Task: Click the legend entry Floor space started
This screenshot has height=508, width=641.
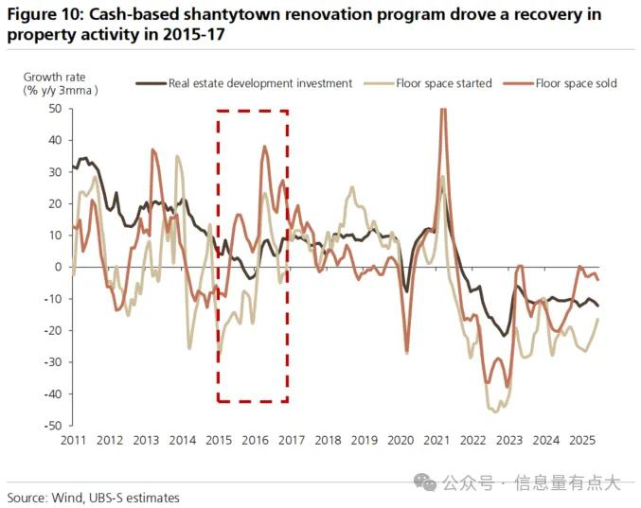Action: coord(444,83)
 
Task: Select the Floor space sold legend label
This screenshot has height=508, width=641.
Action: coord(576,83)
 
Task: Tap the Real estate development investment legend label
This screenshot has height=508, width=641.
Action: coord(260,83)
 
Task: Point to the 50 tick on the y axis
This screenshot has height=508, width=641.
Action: coord(56,109)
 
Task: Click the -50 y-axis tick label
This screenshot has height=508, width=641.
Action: coord(53,426)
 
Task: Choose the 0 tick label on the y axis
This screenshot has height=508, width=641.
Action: coord(58,267)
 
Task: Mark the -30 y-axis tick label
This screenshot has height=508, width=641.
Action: coord(53,362)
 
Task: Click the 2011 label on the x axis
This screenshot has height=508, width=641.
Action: coord(74,440)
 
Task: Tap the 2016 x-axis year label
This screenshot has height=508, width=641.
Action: coord(255,440)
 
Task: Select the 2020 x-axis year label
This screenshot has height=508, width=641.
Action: coord(401,440)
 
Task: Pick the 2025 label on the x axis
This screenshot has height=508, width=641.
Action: coord(582,440)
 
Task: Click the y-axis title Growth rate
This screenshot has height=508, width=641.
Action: coord(54,77)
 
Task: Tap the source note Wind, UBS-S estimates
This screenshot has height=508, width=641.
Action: coord(116,498)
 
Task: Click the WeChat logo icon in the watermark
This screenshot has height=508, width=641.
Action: coord(425,482)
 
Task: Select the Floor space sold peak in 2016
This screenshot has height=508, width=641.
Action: coord(265,147)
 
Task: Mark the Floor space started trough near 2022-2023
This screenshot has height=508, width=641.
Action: coord(496,412)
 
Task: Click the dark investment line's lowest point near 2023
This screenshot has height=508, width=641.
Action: coord(504,336)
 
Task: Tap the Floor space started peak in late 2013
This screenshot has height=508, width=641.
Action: coord(177,156)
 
